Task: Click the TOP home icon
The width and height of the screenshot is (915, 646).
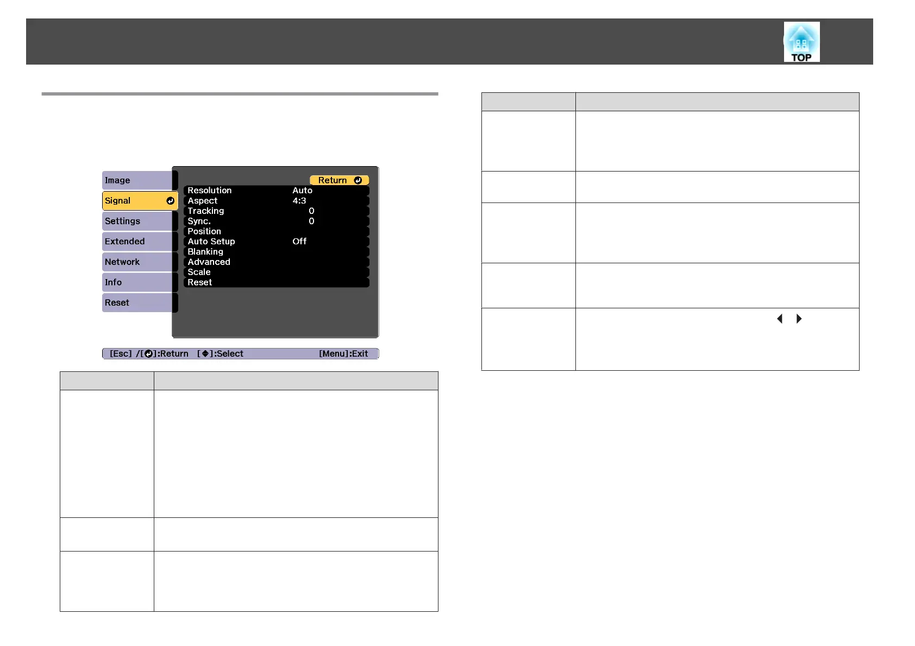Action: point(801,42)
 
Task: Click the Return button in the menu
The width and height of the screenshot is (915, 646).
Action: point(339,180)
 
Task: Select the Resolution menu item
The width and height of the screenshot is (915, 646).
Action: point(210,191)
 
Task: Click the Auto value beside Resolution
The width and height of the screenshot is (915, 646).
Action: point(302,191)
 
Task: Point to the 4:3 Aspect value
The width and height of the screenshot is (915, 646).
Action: point(299,201)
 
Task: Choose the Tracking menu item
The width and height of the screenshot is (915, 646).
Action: point(206,211)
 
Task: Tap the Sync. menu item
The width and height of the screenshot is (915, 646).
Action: point(199,221)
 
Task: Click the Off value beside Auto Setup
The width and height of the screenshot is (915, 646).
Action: point(299,242)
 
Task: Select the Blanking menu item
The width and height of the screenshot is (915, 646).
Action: point(205,252)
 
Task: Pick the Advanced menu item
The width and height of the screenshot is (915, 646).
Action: point(209,262)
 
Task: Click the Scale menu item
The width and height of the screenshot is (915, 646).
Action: point(199,272)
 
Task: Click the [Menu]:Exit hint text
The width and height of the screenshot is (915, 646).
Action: point(343,354)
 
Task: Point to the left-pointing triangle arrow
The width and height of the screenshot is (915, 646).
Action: point(780,319)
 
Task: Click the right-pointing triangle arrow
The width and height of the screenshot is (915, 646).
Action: point(799,319)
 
